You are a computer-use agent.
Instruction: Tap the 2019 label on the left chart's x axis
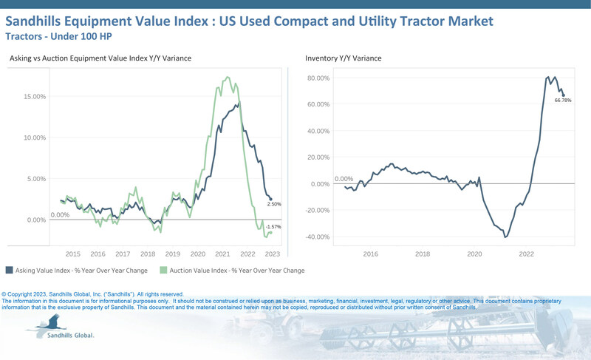173,254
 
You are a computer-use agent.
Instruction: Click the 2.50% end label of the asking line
273,204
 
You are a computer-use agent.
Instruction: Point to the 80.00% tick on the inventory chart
318,78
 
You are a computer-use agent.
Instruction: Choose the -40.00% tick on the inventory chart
317,237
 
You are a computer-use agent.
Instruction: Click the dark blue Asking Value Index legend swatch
8,271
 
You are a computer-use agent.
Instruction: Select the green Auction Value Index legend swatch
166,271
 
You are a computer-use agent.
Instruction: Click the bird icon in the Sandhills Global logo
49,322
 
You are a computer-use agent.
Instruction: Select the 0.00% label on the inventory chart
344,179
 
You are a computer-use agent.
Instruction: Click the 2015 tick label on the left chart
72,254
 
